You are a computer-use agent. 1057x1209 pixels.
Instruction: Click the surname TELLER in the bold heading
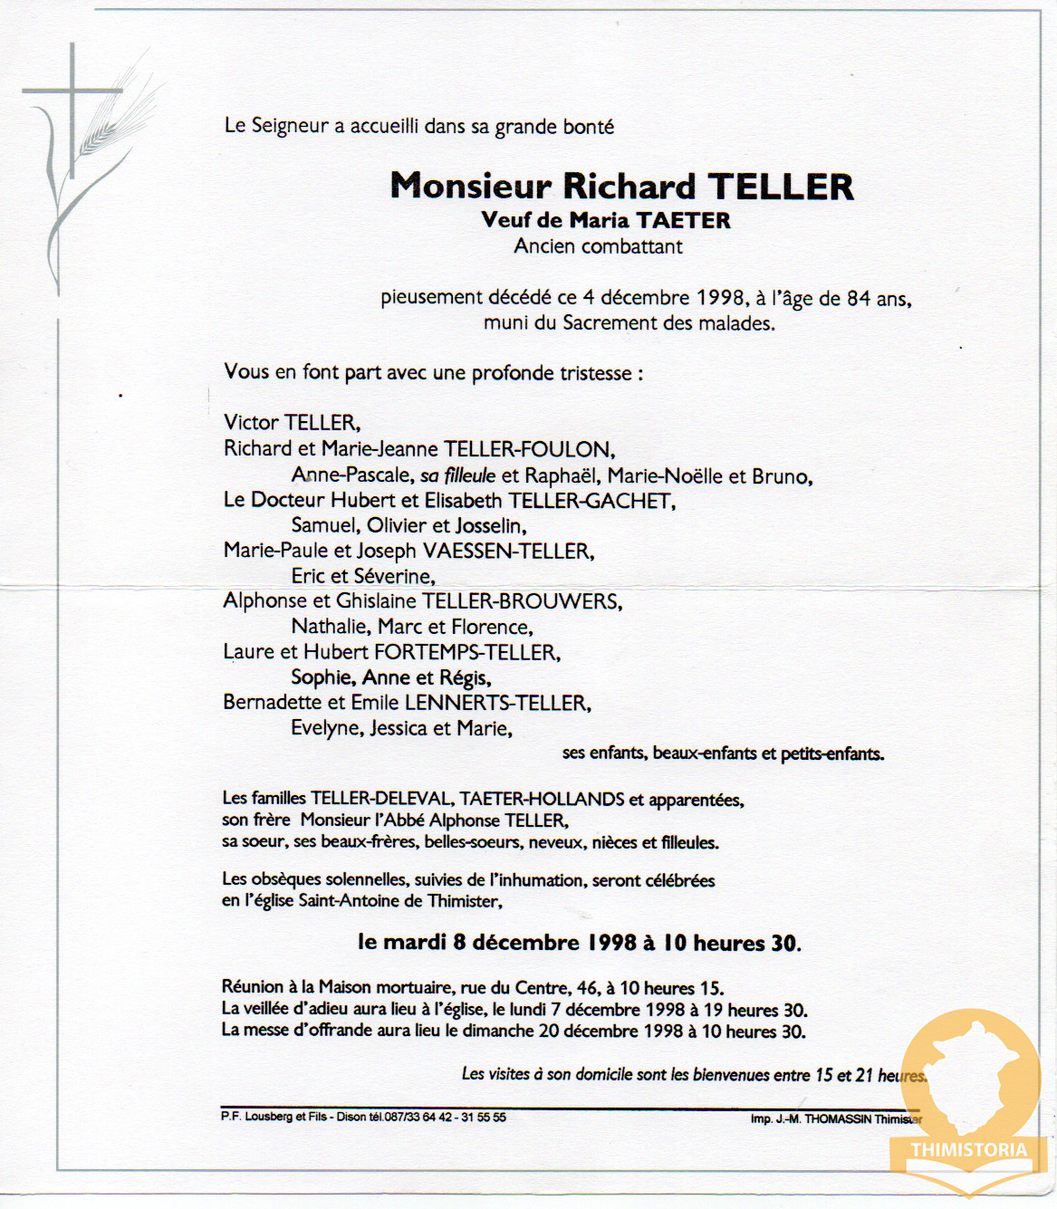coord(781,187)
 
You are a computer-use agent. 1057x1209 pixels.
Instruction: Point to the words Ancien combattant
coord(598,246)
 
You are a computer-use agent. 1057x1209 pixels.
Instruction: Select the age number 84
coord(859,298)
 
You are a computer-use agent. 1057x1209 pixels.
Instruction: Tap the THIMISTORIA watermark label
coord(969,1150)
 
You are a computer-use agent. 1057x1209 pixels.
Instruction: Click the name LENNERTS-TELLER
coord(496,703)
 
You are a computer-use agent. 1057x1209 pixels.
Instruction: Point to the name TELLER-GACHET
coord(591,501)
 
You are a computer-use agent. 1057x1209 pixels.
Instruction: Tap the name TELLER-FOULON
coord(528,449)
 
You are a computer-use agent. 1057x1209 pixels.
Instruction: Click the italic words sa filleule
coord(457,475)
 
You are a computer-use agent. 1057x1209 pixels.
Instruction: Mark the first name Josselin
coord(490,526)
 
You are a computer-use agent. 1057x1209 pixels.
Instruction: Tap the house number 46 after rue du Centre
coord(589,988)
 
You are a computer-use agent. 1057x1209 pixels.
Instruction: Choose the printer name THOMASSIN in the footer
coord(838,1118)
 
